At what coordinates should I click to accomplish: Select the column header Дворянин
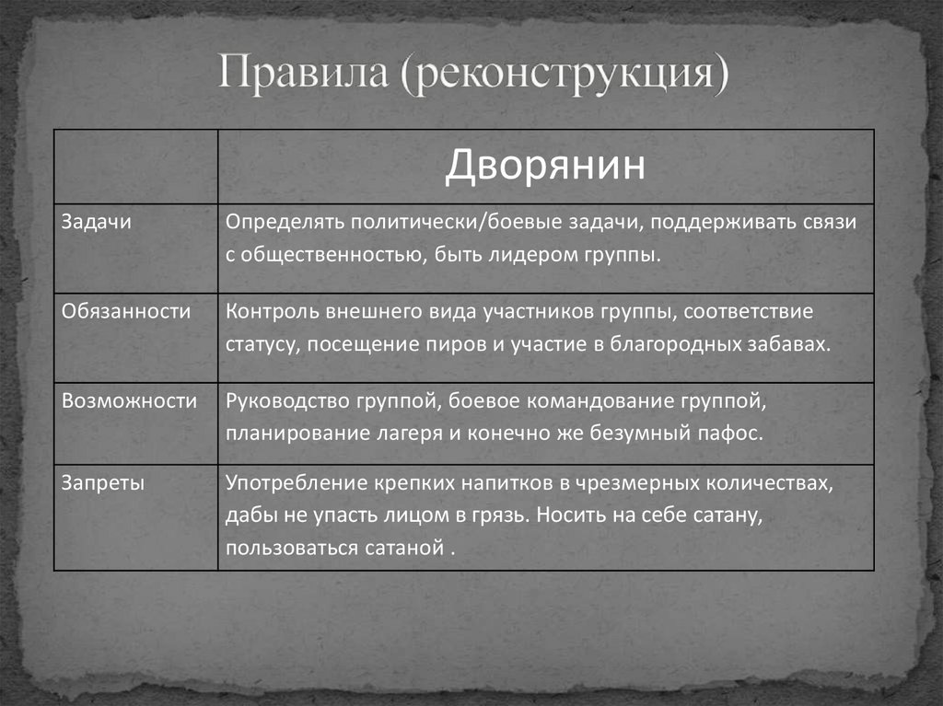[x=545, y=168]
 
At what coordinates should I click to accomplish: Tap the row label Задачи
[x=97, y=222]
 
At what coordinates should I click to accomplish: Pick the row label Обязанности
[x=126, y=311]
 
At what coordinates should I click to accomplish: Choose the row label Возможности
[x=129, y=400]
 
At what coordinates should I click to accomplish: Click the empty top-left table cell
[x=135, y=167]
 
